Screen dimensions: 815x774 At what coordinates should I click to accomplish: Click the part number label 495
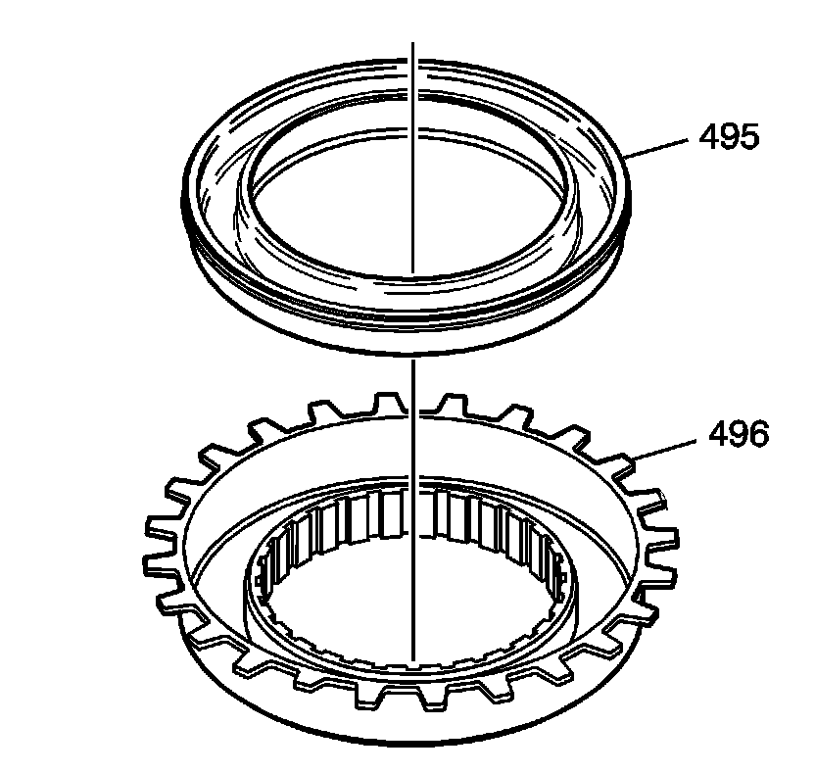pyautogui.click(x=729, y=138)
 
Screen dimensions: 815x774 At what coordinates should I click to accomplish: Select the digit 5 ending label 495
pyautogui.click(x=749, y=138)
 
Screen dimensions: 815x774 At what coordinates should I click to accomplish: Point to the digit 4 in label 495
pyautogui.click(x=708, y=138)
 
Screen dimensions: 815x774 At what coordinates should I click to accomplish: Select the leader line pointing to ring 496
pyautogui.click(x=665, y=450)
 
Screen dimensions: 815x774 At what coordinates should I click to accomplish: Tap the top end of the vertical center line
pyautogui.click(x=412, y=43)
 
